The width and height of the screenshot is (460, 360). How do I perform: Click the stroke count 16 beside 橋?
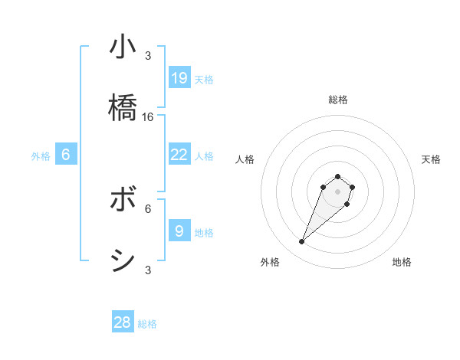tap(148, 117)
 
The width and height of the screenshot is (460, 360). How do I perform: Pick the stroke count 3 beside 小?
tap(148, 56)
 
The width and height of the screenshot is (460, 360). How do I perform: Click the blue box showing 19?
tap(179, 77)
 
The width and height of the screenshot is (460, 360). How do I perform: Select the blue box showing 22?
tap(179, 155)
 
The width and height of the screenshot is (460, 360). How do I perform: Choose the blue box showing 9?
tap(179, 231)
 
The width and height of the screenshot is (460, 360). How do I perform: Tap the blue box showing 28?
tap(123, 322)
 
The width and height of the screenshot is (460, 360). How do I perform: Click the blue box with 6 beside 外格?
tap(66, 155)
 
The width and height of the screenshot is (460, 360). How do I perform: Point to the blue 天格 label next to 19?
tap(204, 79)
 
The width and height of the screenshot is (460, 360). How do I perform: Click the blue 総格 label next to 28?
tap(147, 324)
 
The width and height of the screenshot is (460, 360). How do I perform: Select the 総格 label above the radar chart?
tap(338, 100)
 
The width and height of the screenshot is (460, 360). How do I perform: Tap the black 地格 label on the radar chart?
tap(402, 263)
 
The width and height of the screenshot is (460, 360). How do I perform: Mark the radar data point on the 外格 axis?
tap(301, 242)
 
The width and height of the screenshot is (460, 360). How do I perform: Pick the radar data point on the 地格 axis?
tap(347, 204)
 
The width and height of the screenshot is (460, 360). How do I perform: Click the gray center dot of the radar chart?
tap(338, 191)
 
